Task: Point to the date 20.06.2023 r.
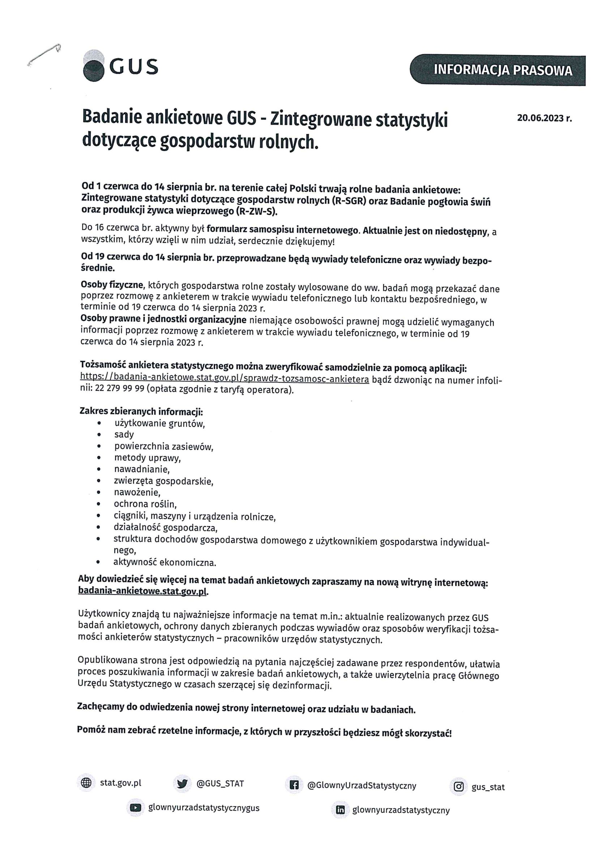click(x=544, y=118)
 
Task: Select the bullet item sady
click(x=124, y=435)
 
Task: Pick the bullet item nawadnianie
click(x=142, y=469)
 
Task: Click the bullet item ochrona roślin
click(x=145, y=504)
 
